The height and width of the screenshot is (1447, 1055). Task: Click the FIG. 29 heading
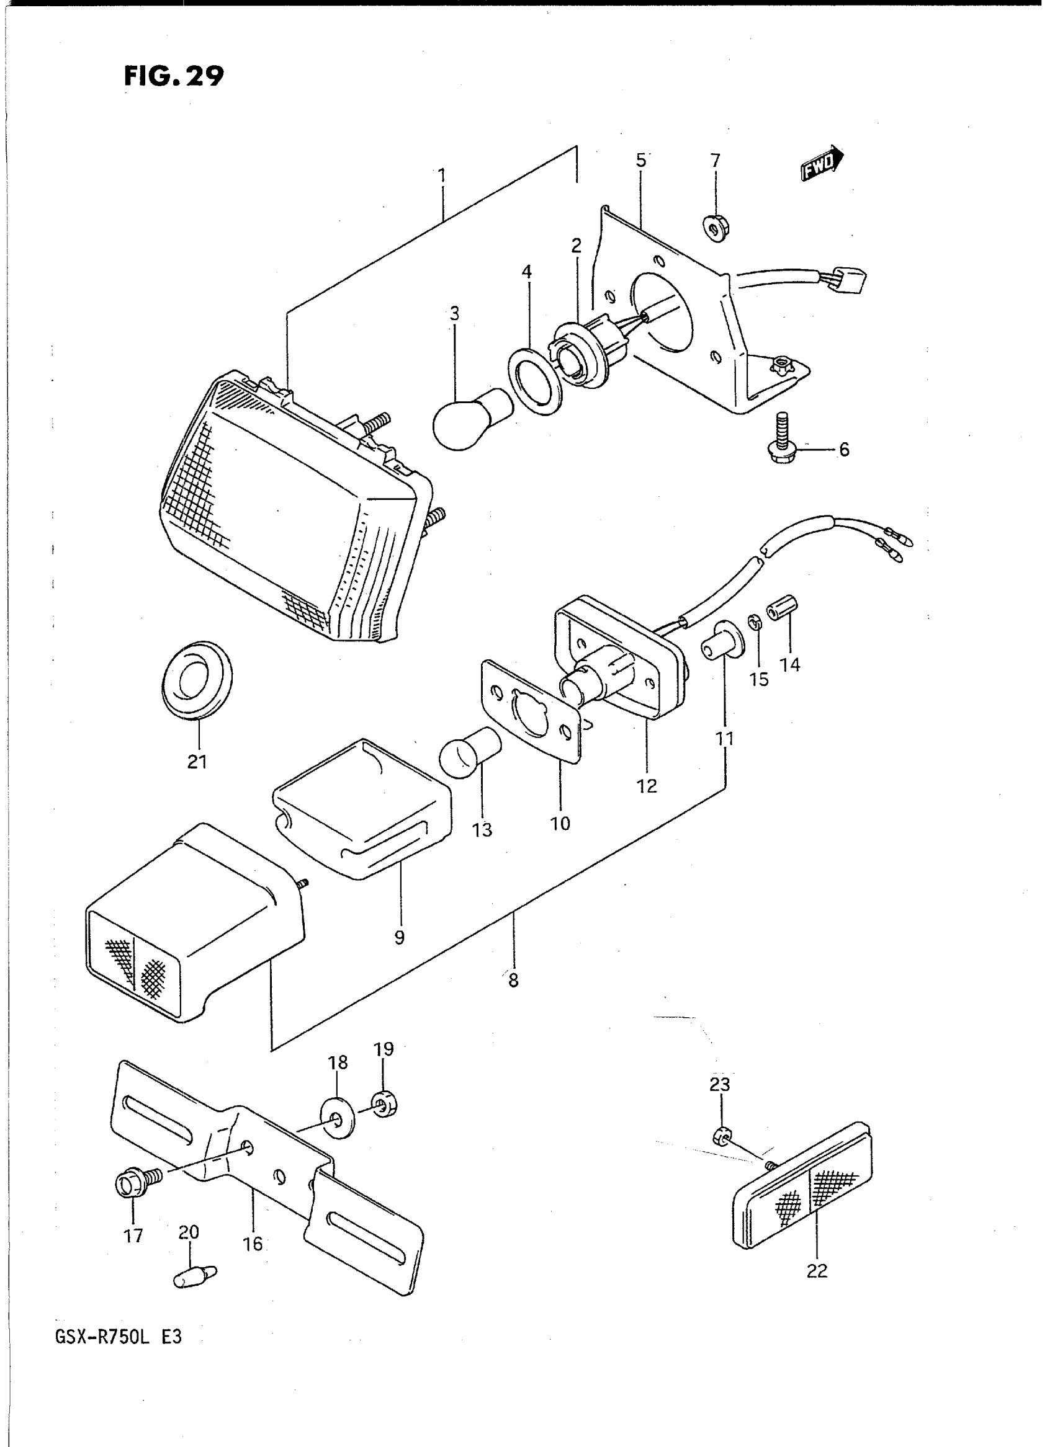tap(174, 76)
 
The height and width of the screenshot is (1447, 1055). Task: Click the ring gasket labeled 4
tap(534, 381)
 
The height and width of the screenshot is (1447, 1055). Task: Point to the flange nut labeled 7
tap(716, 225)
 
